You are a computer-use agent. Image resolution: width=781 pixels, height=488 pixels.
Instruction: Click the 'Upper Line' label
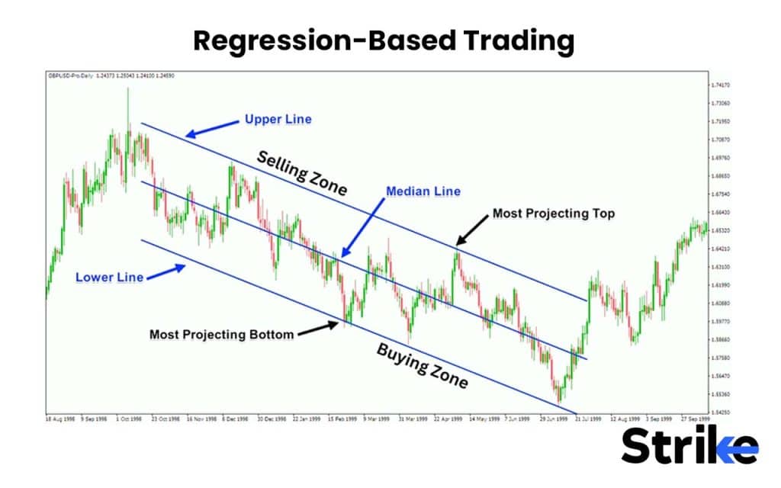pyautogui.click(x=278, y=120)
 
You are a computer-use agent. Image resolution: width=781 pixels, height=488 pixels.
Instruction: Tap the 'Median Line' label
pyautogui.click(x=423, y=191)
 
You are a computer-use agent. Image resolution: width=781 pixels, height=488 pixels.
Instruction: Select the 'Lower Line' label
pyautogui.click(x=109, y=277)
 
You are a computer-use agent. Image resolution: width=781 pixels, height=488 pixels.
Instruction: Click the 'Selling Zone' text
pyautogui.click(x=301, y=172)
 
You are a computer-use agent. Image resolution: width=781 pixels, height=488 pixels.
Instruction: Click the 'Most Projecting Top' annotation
pyautogui.click(x=553, y=213)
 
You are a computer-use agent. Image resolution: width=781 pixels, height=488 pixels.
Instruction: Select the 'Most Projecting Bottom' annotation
pyautogui.click(x=221, y=334)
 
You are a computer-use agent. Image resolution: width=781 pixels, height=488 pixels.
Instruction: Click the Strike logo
pyautogui.click(x=689, y=446)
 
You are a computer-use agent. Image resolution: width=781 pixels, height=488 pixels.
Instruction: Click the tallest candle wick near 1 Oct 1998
pyautogui.click(x=128, y=103)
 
